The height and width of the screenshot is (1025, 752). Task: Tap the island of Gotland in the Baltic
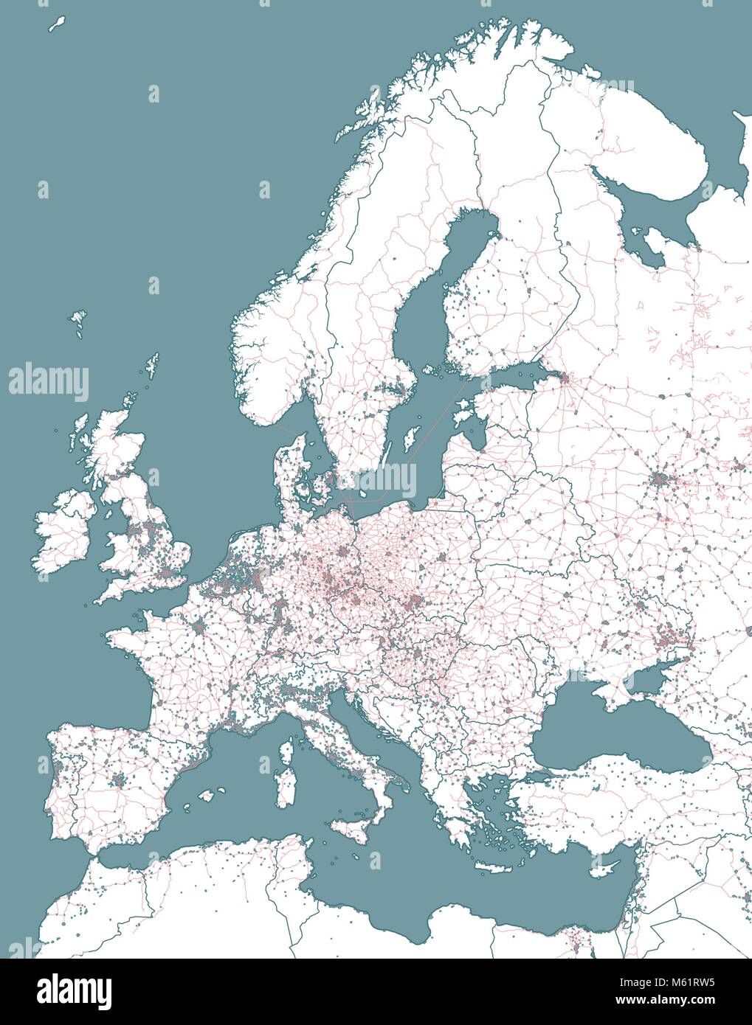click(x=408, y=441)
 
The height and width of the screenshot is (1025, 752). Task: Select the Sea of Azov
click(x=653, y=675)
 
